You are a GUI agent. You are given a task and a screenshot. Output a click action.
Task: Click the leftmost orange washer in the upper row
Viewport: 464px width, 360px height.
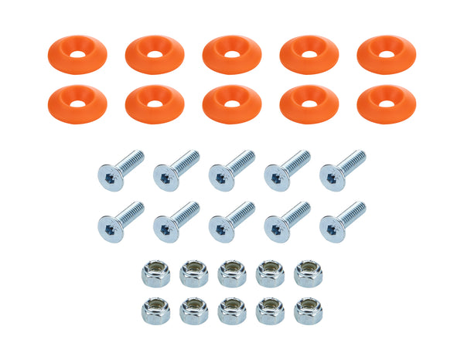pos(77,54)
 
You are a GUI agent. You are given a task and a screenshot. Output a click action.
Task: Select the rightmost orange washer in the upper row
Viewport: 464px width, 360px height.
pos(386,54)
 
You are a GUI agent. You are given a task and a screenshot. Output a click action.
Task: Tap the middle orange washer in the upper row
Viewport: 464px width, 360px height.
pos(231,55)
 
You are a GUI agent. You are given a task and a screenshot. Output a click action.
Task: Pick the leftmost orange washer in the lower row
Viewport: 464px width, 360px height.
pos(77,104)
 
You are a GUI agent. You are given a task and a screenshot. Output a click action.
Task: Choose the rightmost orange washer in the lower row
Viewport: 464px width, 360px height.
pos(386,104)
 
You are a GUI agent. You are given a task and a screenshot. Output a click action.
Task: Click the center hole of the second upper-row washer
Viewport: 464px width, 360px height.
pos(154,55)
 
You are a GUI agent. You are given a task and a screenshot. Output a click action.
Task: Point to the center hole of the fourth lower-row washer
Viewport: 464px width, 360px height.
pos(309,104)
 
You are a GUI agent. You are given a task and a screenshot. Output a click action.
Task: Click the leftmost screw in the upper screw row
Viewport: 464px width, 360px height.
pos(120,170)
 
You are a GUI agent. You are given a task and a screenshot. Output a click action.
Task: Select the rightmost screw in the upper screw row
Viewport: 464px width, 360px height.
pos(342,170)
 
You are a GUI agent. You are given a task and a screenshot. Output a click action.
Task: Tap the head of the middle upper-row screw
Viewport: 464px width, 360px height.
pos(221,178)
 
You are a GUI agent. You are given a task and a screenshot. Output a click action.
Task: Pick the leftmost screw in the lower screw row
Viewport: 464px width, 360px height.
pos(120,220)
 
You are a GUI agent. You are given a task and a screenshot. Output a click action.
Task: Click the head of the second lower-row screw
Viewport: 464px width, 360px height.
pos(165,229)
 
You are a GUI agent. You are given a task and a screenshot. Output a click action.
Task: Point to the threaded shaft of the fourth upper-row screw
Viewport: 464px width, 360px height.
pos(295,162)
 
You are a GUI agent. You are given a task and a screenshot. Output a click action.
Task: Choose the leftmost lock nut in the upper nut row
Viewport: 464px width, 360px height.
pos(155,273)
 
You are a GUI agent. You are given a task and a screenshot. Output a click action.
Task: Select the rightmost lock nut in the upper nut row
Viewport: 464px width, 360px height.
pos(308,273)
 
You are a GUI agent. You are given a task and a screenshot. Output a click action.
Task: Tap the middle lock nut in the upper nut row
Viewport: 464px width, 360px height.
pos(232,273)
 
